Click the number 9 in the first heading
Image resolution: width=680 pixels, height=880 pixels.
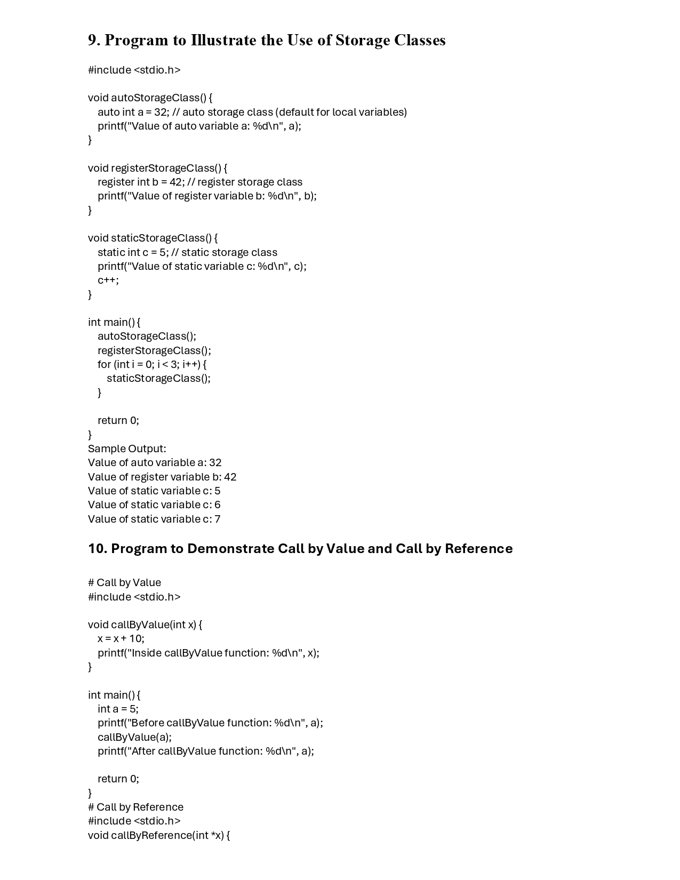pos(93,41)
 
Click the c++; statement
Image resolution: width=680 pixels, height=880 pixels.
pos(108,280)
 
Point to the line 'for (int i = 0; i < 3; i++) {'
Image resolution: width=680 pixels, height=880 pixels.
pos(152,364)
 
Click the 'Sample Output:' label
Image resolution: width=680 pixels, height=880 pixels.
pos(127,449)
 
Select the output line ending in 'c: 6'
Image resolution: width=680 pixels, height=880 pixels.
pos(154,505)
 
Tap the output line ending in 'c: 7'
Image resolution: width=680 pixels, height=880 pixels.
pos(154,519)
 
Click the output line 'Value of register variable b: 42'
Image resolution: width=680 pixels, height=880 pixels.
pos(162,477)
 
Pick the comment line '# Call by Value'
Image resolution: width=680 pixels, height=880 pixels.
pos(124,582)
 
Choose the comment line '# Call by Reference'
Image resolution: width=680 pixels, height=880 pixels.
pos(135,807)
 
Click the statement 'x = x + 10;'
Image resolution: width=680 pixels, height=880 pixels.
pos(121,638)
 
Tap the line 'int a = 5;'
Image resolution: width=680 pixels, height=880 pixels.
pos(118,709)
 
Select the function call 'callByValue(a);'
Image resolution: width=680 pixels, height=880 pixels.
pos(134,737)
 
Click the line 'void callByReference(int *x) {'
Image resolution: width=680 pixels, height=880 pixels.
pos(159,835)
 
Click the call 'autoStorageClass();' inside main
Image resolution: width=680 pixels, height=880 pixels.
pos(147,336)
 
